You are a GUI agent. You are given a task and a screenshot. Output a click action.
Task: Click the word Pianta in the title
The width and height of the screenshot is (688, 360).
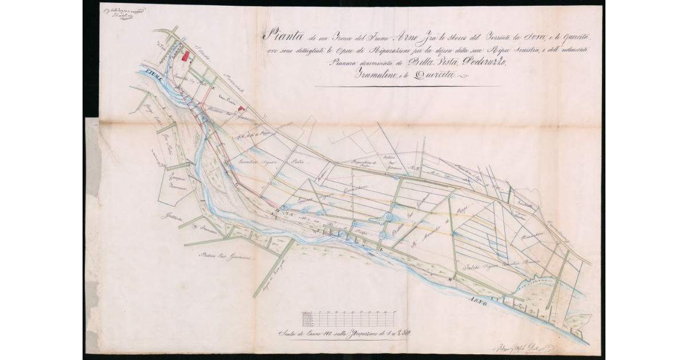(x=277, y=35)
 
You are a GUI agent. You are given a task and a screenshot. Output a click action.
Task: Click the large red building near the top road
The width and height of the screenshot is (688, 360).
(x=185, y=55)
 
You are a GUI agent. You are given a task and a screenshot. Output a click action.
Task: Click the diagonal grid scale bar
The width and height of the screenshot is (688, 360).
(x=347, y=318)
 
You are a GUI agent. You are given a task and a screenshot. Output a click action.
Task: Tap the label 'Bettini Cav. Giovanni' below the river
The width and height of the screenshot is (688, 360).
(x=224, y=256)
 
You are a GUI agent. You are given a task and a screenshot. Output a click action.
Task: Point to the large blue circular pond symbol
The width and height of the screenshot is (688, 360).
(x=388, y=217)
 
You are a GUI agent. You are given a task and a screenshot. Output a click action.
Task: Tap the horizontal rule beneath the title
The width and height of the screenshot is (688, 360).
(x=408, y=87)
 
